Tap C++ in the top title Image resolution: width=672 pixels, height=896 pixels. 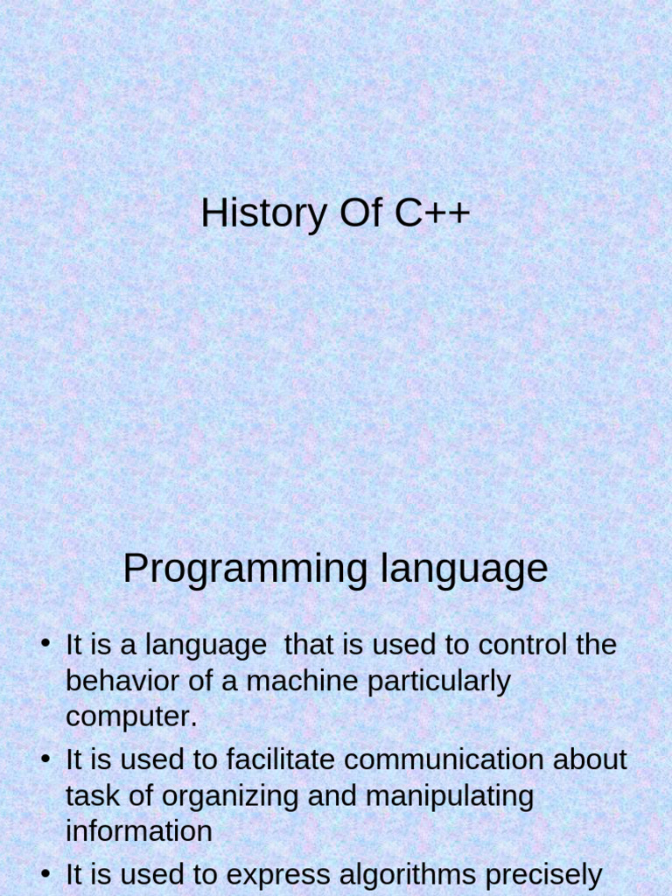point(432,214)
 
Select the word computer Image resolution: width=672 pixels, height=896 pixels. point(131,717)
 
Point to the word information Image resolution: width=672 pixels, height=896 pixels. point(138,830)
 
